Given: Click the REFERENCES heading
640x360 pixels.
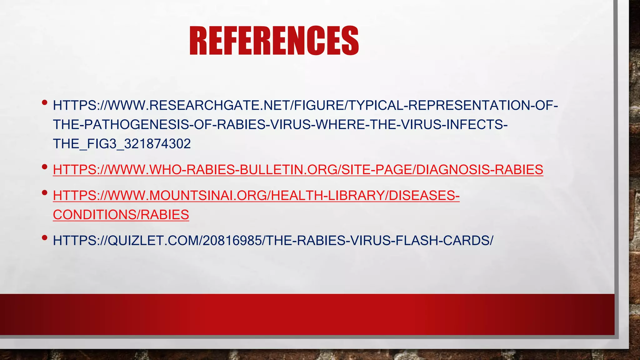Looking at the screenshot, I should [274, 41].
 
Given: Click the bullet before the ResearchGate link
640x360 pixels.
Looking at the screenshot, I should [44, 102].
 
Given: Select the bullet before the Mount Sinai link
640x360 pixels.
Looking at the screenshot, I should [44, 192].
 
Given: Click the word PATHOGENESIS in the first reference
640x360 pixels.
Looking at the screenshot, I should [136, 125].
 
